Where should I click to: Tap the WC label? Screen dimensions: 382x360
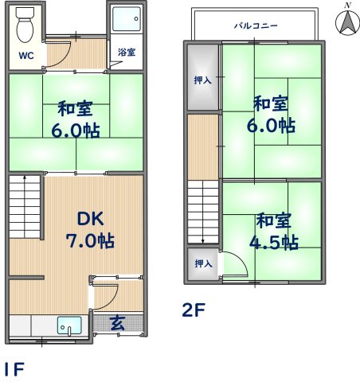[x=25, y=57]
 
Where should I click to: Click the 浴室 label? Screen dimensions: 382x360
[x=126, y=53]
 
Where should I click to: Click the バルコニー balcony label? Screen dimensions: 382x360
[x=255, y=25]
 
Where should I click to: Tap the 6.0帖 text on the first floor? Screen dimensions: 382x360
[x=77, y=131]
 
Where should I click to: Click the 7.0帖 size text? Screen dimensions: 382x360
[x=88, y=240]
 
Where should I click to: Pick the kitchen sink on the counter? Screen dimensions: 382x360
[x=68, y=325]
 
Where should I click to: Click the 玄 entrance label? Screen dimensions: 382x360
[x=117, y=323]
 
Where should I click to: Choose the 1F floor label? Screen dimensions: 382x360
[x=13, y=369]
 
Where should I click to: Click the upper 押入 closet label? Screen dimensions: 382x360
[x=202, y=80]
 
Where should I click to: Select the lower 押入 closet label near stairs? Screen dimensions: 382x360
[x=202, y=263]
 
